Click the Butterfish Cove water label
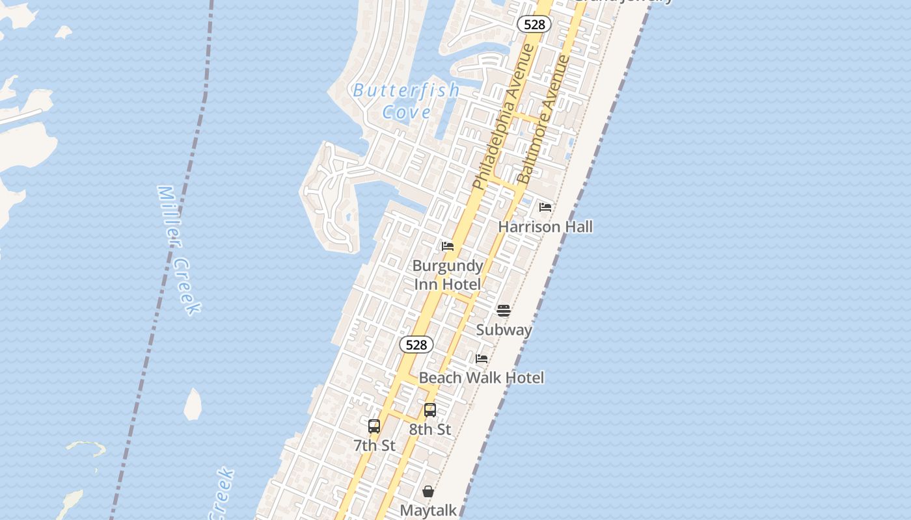407,101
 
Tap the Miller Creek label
178,250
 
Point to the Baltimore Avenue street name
543,120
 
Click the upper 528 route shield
534,24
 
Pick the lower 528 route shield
416,344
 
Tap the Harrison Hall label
545,227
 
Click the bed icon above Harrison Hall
545,207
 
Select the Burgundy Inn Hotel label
448,275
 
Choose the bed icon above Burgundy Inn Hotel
448,246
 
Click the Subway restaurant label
504,330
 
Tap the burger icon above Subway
504,311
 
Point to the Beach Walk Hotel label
482,378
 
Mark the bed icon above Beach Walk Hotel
482,359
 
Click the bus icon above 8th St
430,410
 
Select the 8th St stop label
430,430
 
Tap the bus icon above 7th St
374,426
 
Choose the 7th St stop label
374,446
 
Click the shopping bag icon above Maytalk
428,491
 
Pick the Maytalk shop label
428,511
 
